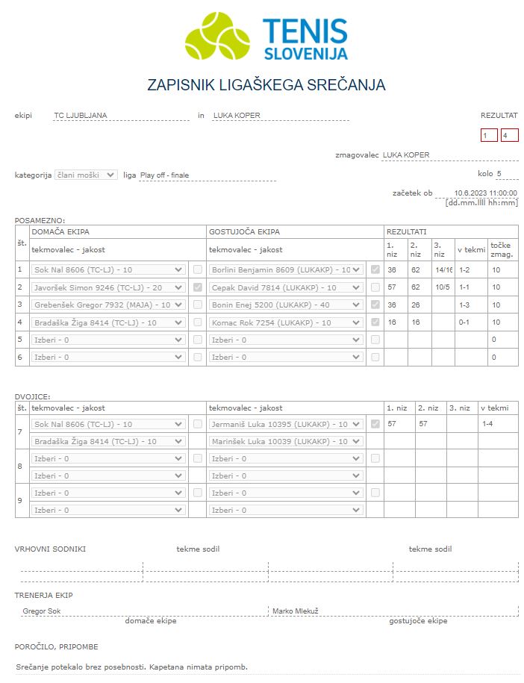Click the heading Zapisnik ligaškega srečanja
pyautogui.click(x=266, y=85)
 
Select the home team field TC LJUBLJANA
pyautogui.click(x=122, y=116)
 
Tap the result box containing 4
pyautogui.click(x=510, y=135)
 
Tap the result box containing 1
pyautogui.click(x=489, y=135)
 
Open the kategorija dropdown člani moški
pyautogui.click(x=86, y=175)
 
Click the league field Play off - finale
pyautogui.click(x=207, y=175)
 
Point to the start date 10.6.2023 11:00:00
pyautogui.click(x=485, y=193)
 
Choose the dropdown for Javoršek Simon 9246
pyautogui.click(x=109, y=287)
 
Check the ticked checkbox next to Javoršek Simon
pyautogui.click(x=198, y=287)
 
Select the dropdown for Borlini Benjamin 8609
pyautogui.click(x=286, y=269)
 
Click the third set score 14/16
pyautogui.click(x=443, y=269)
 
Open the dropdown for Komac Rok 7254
pyautogui.click(x=286, y=322)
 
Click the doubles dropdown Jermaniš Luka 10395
pyautogui.click(x=286, y=424)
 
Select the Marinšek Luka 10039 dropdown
pyautogui.click(x=286, y=441)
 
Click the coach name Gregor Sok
pyautogui.click(x=42, y=611)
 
